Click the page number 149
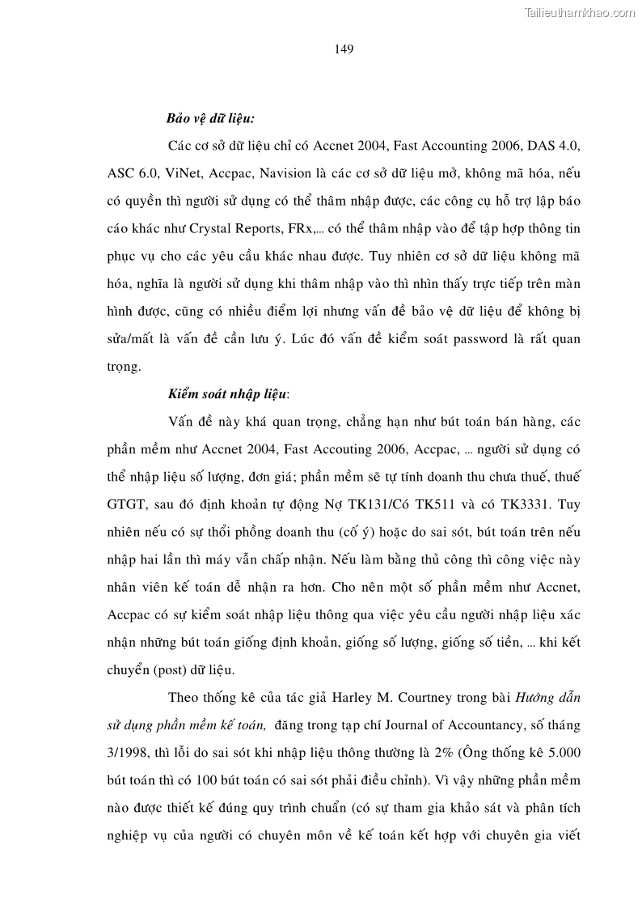[344, 49]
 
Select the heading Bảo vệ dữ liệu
[210, 118]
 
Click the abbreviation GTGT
[125, 504]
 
